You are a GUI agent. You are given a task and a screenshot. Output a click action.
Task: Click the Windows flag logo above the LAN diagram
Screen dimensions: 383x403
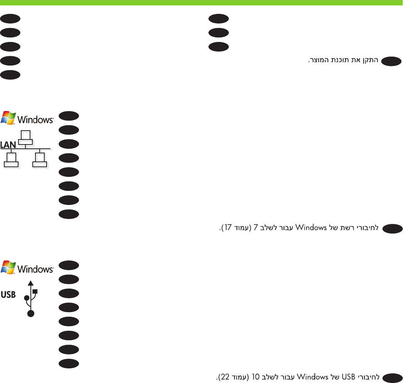8,117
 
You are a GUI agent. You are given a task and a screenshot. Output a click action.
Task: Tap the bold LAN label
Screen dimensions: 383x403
8,145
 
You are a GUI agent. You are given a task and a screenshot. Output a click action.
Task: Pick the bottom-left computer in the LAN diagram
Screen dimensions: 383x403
11,160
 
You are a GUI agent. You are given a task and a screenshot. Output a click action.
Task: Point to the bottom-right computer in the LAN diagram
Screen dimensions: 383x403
40,160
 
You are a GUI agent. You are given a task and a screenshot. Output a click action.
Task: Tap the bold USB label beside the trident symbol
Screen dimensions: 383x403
8,295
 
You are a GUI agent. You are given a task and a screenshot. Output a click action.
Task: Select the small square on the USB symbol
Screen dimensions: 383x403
35,291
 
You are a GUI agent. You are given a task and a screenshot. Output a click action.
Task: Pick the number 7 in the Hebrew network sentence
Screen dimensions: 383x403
255,228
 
